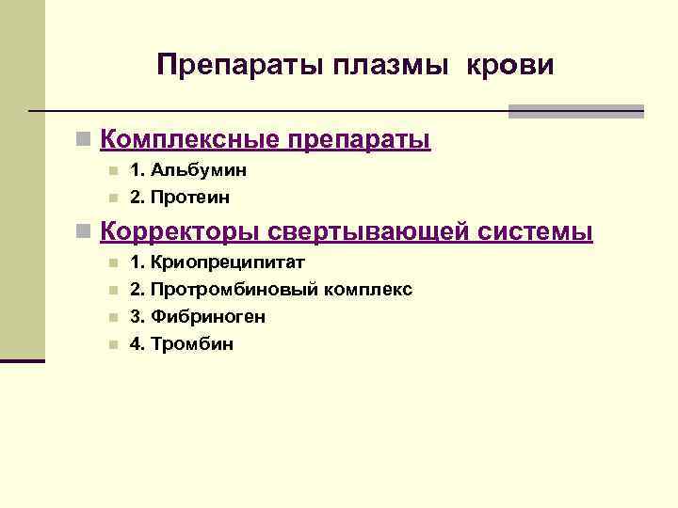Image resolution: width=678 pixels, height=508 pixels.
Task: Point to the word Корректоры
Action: [x=179, y=231]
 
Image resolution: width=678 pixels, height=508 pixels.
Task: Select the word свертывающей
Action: [x=372, y=231]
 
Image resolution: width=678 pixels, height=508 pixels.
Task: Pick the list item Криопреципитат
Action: [x=228, y=262]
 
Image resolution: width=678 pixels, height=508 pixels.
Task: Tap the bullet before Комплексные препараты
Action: [x=85, y=141]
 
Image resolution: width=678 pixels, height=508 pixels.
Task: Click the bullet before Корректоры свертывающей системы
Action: [x=85, y=232]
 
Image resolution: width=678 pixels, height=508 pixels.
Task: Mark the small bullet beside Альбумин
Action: [x=112, y=171]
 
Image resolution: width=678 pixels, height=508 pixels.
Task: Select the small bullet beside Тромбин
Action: [x=112, y=345]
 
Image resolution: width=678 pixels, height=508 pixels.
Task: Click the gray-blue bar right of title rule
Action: [x=575, y=111]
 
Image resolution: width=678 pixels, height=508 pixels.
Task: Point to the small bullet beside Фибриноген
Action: [x=112, y=318]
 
